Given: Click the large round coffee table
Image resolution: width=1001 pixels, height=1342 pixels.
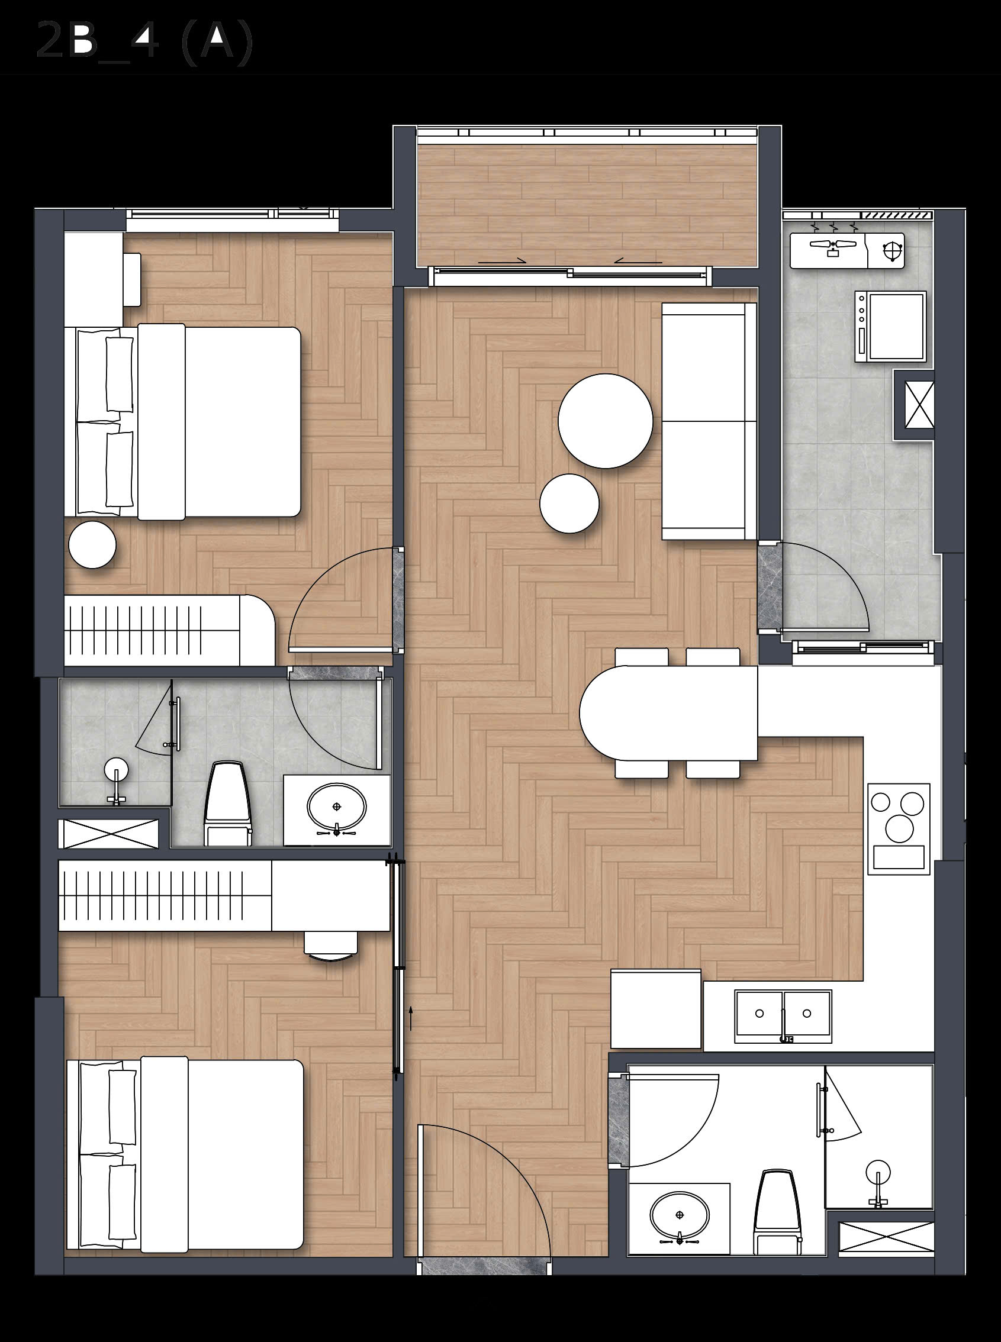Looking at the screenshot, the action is click(x=606, y=421).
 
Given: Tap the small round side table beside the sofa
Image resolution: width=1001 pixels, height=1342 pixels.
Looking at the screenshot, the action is click(x=569, y=503).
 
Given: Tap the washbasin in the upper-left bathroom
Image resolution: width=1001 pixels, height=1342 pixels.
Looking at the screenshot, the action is click(x=337, y=808).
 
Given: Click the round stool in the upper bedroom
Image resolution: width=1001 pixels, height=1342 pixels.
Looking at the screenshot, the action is click(x=92, y=546).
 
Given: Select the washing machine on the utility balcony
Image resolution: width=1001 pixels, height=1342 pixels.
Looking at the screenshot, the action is click(x=890, y=327).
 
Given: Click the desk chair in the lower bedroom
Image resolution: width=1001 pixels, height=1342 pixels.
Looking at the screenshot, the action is click(x=331, y=946).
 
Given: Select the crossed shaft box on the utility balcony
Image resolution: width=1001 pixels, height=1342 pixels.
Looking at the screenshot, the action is click(x=914, y=405).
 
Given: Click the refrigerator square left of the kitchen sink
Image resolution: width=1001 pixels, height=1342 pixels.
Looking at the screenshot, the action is click(x=656, y=1008).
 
